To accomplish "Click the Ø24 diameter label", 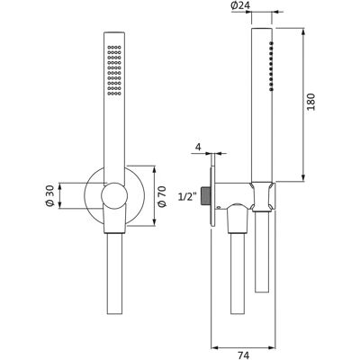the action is (x=240, y=5).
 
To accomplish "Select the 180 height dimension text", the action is (x=311, y=102).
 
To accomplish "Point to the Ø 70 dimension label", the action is (x=162, y=196).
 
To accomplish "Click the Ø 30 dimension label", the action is (x=49, y=195).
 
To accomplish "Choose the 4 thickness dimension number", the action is (x=198, y=147).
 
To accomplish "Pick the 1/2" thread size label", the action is (x=188, y=196).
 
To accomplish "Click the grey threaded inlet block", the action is (x=205, y=195).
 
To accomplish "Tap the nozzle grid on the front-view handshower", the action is (x=114, y=70).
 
